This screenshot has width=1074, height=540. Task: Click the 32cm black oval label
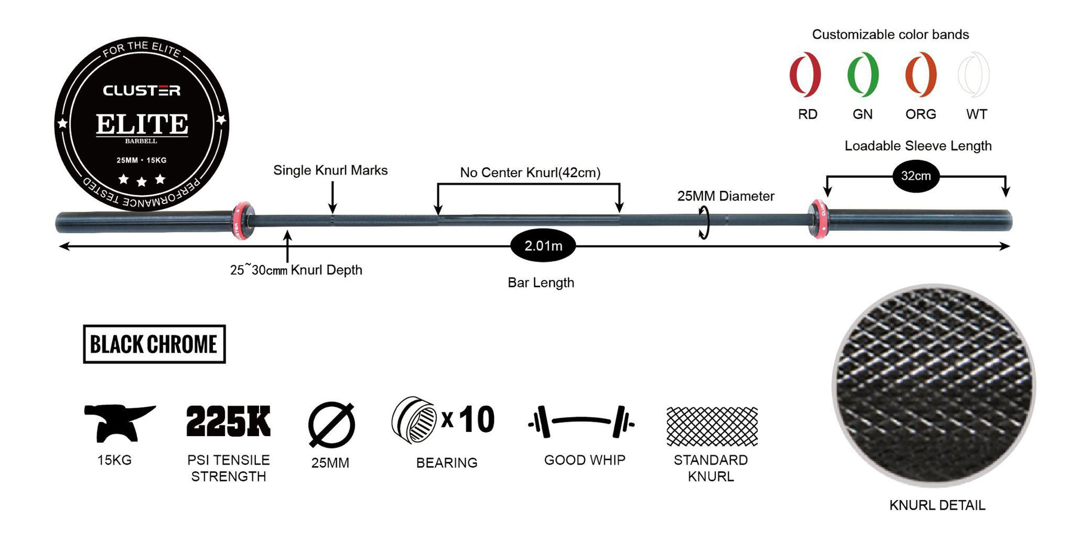(x=916, y=176)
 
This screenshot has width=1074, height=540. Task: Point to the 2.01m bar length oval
(x=543, y=245)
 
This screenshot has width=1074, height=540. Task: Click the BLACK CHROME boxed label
(x=154, y=344)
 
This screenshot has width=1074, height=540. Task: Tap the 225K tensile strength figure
(x=229, y=421)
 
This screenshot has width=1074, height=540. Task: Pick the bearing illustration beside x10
(x=414, y=420)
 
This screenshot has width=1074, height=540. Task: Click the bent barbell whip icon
(x=581, y=421)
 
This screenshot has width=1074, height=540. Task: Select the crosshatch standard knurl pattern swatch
(x=712, y=427)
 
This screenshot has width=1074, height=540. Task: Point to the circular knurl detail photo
(x=934, y=385)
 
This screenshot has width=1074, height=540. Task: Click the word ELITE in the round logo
(x=142, y=124)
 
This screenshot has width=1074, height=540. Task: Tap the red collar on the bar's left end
(x=242, y=221)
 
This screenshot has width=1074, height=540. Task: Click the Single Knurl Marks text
(x=331, y=171)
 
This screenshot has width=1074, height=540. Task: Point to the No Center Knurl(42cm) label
(x=530, y=173)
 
